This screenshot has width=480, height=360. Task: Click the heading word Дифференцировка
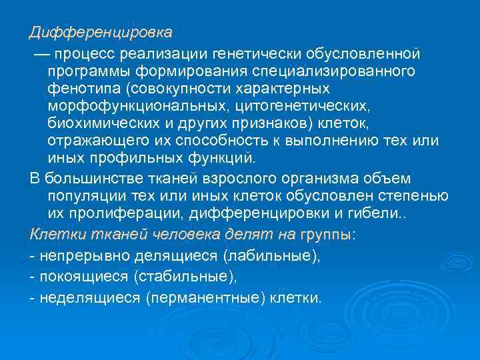click(x=101, y=32)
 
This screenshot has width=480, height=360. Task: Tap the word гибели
click(x=398, y=214)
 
